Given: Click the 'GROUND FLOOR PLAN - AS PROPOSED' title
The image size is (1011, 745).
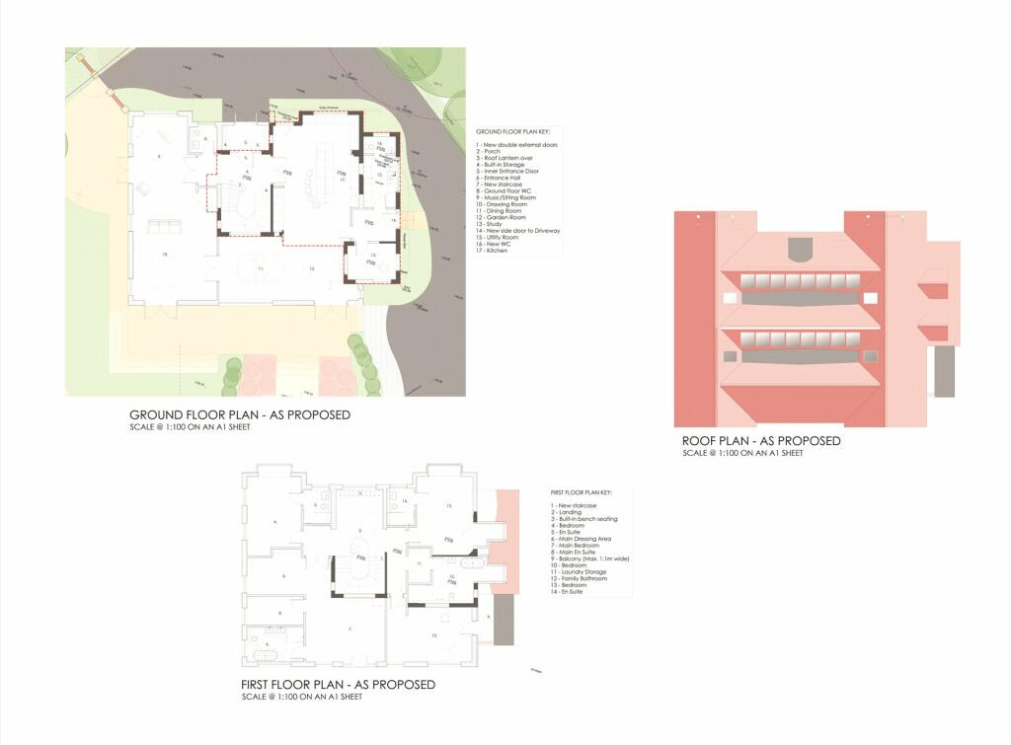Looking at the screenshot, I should tap(240, 415).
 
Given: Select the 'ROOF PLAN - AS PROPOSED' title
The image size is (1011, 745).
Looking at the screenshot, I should tap(761, 441).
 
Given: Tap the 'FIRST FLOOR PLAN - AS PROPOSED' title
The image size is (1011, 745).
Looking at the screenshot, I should tap(338, 685).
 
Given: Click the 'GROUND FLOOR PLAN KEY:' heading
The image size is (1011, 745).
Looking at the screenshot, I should tap(505, 131).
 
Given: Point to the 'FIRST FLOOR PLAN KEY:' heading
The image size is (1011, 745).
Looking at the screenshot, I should tap(582, 491).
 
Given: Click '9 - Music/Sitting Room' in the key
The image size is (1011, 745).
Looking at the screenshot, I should tap(507, 197).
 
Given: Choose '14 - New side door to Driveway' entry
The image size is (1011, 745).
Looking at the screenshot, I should tap(517, 230).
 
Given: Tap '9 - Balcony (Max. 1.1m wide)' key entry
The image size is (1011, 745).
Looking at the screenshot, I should tap(590, 559).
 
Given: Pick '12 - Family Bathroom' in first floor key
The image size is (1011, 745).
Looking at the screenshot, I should tap(579, 578).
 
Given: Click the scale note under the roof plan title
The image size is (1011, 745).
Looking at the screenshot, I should tap(742, 454).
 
